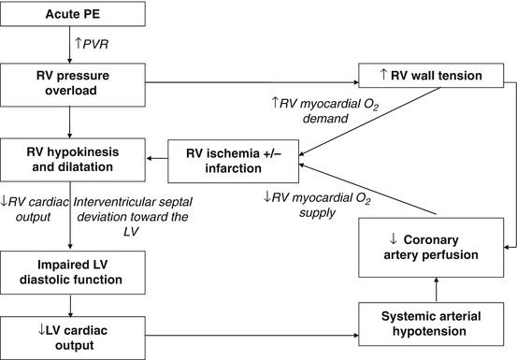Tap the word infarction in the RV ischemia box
(230, 168)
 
